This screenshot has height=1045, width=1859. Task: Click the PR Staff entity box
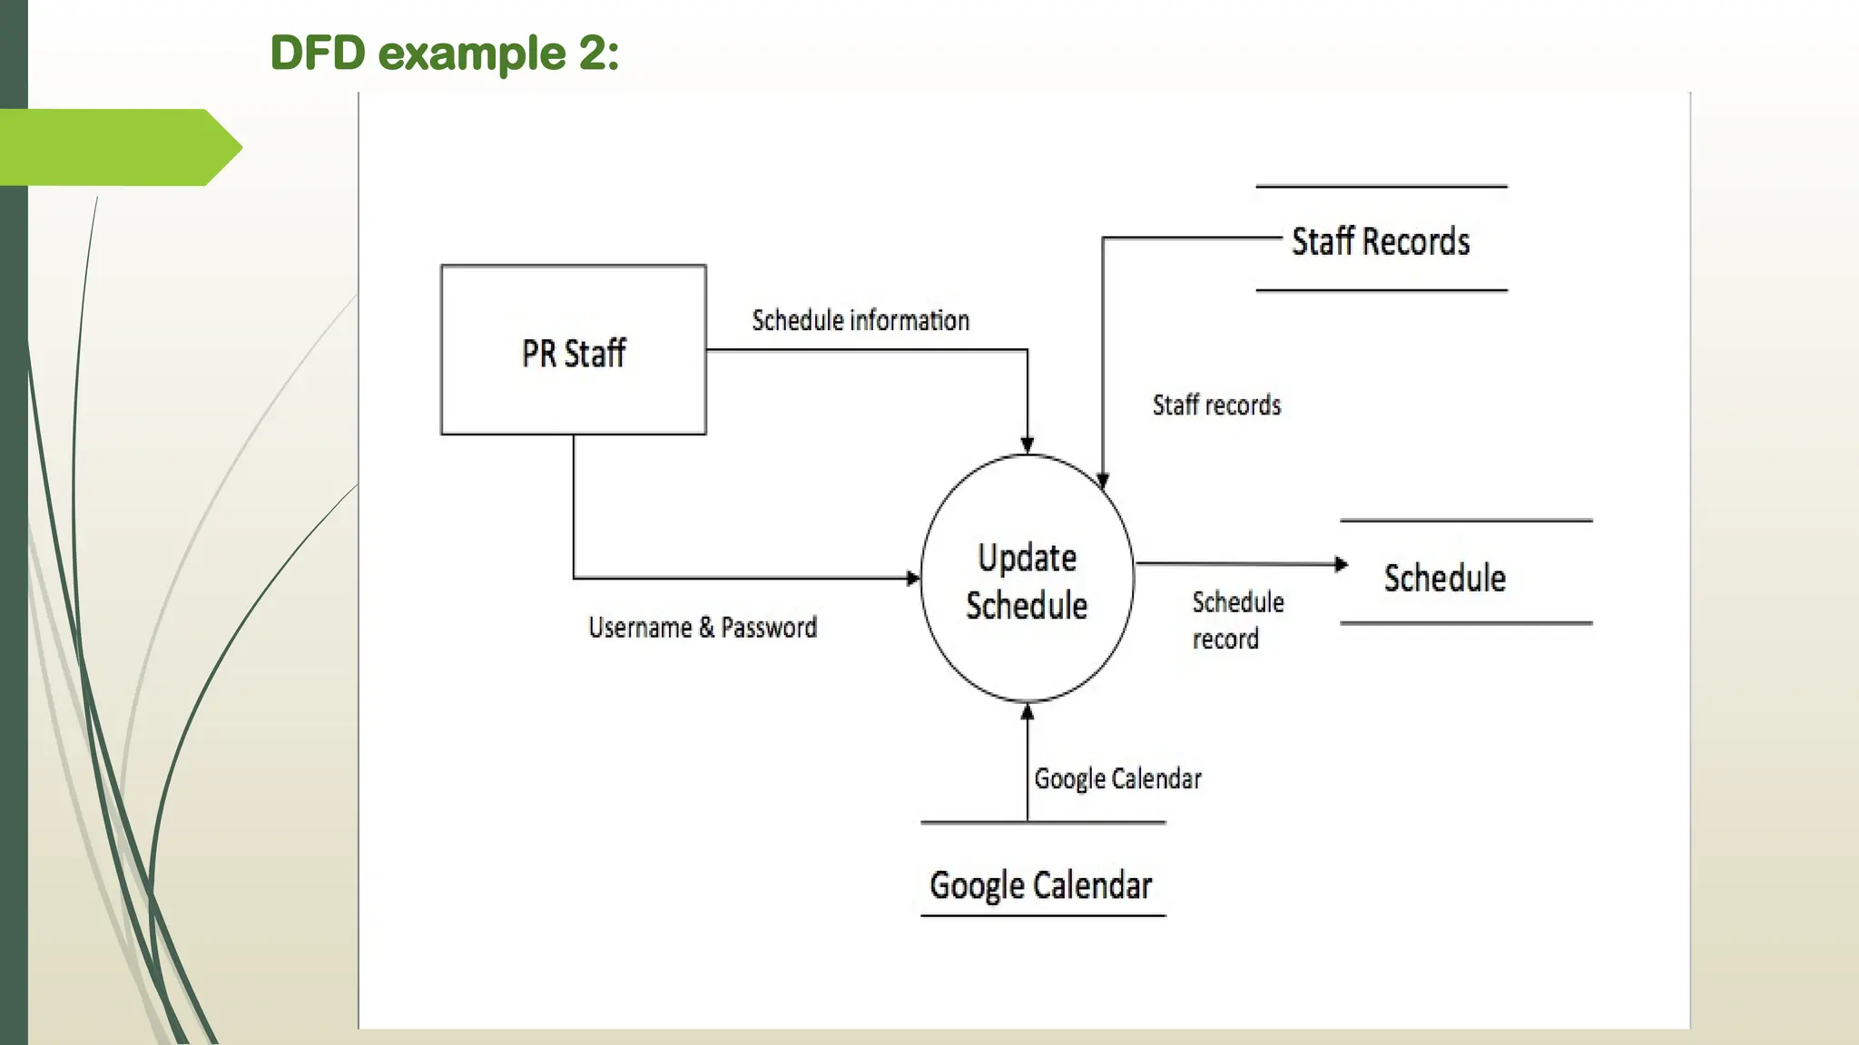click(573, 351)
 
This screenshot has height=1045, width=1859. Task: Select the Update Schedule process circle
click(1027, 579)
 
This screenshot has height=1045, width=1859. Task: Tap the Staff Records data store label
click(1380, 241)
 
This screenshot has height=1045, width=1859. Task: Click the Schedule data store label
click(1444, 578)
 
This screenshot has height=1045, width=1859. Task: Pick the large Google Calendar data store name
click(1040, 884)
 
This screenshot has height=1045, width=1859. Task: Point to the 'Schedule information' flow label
click(860, 320)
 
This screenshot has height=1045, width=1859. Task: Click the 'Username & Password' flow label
click(702, 627)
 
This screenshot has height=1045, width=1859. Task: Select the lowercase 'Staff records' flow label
click(1216, 405)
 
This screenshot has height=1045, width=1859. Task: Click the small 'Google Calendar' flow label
click(1117, 778)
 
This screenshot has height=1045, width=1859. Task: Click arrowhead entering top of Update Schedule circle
click(1028, 444)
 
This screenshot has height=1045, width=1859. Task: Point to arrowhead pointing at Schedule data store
click(1341, 564)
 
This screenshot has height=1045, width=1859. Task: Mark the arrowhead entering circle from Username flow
click(913, 578)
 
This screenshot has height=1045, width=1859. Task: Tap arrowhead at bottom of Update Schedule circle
click(1028, 712)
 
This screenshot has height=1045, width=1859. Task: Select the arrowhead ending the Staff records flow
click(1103, 481)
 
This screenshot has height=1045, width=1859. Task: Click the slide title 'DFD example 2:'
click(445, 53)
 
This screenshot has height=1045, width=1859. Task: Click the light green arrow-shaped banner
click(118, 147)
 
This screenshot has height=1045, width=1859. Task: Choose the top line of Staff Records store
click(1381, 187)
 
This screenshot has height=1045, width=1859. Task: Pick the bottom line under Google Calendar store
click(1042, 915)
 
